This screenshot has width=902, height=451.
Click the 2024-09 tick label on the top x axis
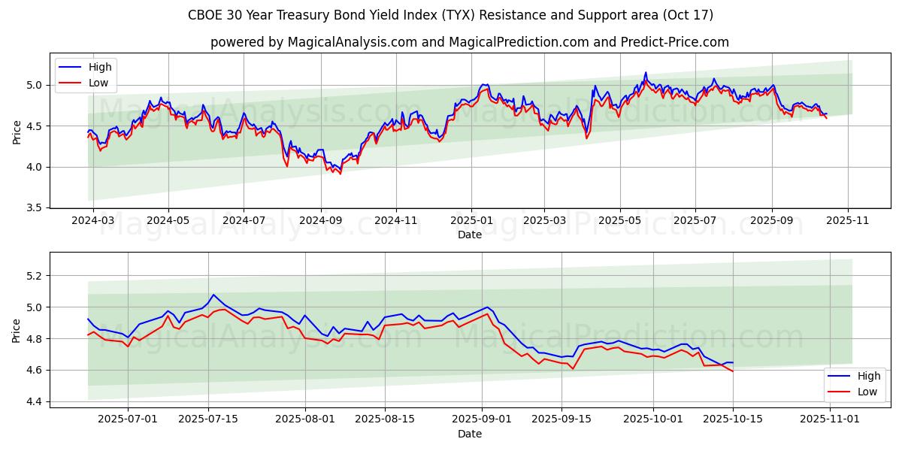click(x=320, y=221)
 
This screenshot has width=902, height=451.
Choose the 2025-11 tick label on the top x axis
click(x=848, y=221)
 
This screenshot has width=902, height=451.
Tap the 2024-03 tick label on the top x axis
click(x=93, y=221)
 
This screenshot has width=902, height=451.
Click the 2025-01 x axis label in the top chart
click(x=471, y=221)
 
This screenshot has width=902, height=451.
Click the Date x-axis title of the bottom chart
click(x=469, y=434)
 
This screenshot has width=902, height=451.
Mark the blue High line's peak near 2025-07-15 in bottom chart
click(x=213, y=295)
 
